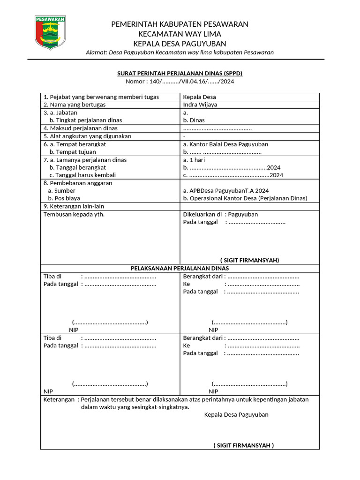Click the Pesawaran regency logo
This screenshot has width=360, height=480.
pyautogui.click(x=51, y=32)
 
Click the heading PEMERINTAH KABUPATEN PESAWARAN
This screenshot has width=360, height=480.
pyautogui.click(x=180, y=24)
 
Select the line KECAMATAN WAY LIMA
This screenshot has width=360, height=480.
pyautogui.click(x=180, y=34)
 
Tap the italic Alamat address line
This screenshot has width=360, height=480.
pyautogui.click(x=180, y=52)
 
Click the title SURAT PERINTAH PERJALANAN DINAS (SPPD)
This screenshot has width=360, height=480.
pyautogui.click(x=180, y=74)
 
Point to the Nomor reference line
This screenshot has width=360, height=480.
pyautogui.click(x=180, y=82)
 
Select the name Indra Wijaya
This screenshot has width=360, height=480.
pyautogui.click(x=200, y=105)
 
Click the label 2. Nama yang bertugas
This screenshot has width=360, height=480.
pyautogui.click(x=74, y=105)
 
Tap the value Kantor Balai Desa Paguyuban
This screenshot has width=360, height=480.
pyautogui.click(x=225, y=144)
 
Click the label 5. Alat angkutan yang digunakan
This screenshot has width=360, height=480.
pyautogui.click(x=87, y=136)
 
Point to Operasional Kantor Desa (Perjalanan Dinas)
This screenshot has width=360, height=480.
pyautogui.click(x=245, y=198)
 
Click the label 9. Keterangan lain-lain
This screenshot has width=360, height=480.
pyautogui.click(x=74, y=206)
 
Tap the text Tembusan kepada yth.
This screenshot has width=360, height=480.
pyautogui.click(x=74, y=214)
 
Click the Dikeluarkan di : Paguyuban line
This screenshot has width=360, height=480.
pyautogui.click(x=220, y=214)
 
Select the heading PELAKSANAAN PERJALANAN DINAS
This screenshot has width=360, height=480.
pyautogui.click(x=180, y=268)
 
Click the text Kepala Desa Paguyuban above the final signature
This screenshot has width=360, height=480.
pyautogui.click(x=236, y=415)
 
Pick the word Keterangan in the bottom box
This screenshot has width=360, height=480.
pyautogui.click(x=59, y=400)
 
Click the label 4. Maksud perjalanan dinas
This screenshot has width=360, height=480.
pyautogui.click(x=80, y=128)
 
